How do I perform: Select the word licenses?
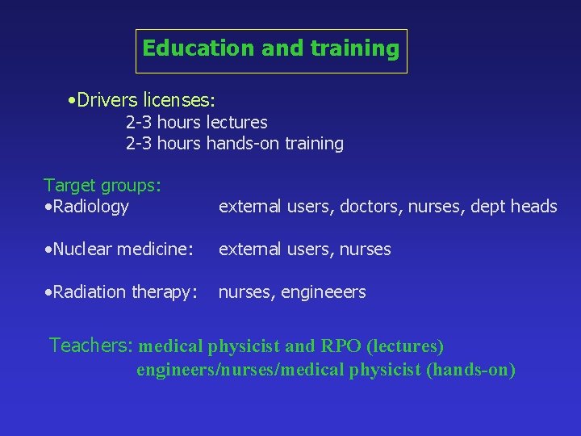click(177, 101)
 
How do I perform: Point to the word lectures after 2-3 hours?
click(237, 123)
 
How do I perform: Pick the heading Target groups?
click(102, 186)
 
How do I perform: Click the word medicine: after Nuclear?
click(157, 249)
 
